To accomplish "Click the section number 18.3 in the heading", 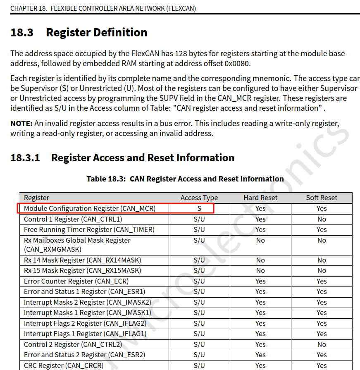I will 22,32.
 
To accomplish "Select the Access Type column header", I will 199,198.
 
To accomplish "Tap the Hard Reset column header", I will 260,198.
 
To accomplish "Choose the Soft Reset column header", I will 322,198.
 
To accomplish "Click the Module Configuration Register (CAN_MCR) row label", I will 90,208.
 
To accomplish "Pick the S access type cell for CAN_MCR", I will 199,208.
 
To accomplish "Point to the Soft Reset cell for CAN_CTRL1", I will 322,219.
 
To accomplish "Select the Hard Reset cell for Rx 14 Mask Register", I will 260,260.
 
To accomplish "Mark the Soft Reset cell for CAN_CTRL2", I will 322,344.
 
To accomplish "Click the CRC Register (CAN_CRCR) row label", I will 62,365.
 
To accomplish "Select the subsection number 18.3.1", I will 25,158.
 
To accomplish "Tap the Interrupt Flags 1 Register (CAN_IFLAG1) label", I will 85,334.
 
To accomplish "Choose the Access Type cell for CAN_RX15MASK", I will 199,270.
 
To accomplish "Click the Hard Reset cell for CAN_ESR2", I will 260,355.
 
